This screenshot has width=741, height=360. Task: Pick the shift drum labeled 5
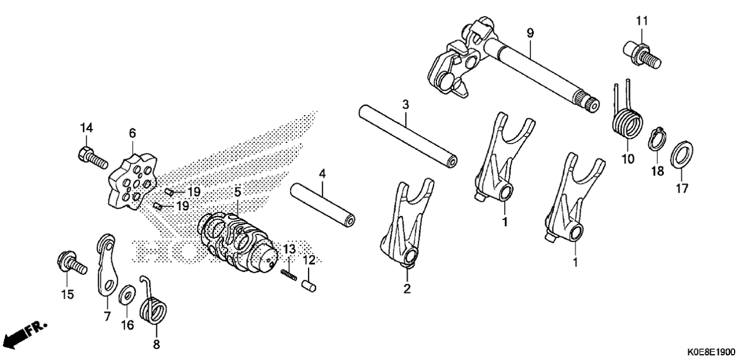236,242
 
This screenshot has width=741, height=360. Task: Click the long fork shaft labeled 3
408,137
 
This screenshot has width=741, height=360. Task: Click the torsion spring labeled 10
626,119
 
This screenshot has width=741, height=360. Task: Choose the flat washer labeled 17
682,154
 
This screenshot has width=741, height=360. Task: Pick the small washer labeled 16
127,294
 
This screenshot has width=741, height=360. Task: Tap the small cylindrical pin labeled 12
309,286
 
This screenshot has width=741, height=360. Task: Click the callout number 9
530,33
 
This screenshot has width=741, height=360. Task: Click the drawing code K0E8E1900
712,351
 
